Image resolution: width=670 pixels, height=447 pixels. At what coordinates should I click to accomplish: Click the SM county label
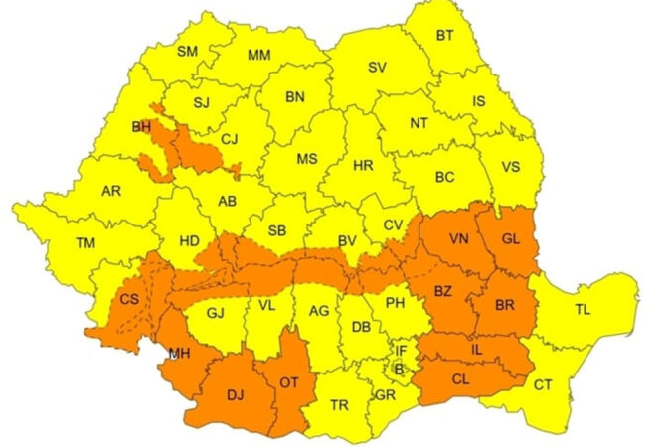coord(188,52)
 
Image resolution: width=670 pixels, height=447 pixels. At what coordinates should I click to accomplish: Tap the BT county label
coord(445,35)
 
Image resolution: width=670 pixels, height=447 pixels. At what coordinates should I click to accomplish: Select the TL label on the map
coord(583,309)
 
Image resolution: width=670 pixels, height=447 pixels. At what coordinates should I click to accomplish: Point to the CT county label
coord(544,384)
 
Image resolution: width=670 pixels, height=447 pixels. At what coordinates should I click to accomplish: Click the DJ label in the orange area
coord(236,395)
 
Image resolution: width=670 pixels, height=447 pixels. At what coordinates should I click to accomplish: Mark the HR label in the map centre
coord(364,167)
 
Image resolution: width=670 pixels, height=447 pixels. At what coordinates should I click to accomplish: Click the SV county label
coord(377,68)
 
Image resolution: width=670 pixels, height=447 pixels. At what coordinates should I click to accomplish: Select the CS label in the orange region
coord(128,299)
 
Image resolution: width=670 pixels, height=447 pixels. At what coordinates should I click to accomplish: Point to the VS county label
coord(511,167)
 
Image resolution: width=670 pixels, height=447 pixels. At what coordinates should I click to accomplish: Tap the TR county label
coord(339,405)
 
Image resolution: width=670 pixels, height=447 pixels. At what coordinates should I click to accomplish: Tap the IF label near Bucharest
coord(402,350)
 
